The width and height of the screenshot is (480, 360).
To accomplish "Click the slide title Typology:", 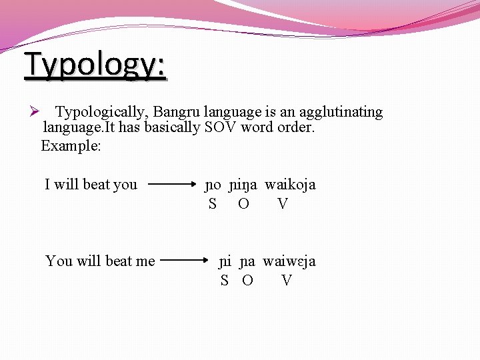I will pyautogui.click(x=95, y=65).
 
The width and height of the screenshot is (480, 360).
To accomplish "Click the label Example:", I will pyautogui.click(x=71, y=145).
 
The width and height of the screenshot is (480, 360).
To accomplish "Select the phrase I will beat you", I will pyautogui.click(x=91, y=185).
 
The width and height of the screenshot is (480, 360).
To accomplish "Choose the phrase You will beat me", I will pyautogui.click(x=100, y=261).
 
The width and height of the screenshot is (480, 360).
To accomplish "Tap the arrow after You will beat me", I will pyautogui.click(x=187, y=261).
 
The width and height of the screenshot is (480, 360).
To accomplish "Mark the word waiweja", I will pyautogui.click(x=289, y=261).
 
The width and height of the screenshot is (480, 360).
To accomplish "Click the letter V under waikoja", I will pyautogui.click(x=283, y=205).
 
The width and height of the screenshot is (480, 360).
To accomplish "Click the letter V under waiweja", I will pyautogui.click(x=287, y=281).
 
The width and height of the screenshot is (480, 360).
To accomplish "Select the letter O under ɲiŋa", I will pyautogui.click(x=243, y=205).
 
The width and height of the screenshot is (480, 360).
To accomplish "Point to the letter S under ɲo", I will pyautogui.click(x=212, y=205).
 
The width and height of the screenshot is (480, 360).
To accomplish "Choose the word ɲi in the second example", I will pyautogui.click(x=226, y=261).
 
